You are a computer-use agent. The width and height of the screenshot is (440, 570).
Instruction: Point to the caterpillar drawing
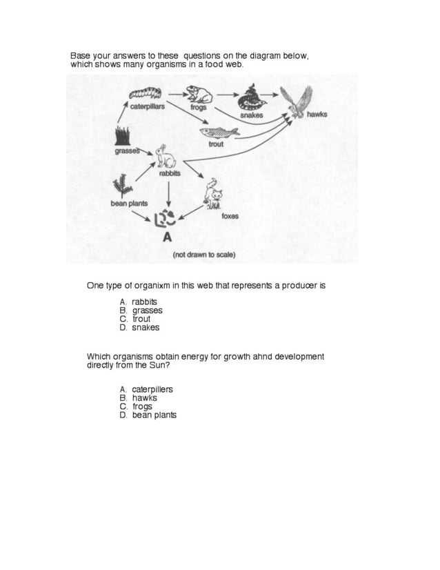144,92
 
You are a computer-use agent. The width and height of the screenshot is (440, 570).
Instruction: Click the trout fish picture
214,132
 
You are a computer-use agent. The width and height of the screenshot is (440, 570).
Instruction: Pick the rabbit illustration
166,157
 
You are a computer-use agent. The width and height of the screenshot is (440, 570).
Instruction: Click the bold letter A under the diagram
166,238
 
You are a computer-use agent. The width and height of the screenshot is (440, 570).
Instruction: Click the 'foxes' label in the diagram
230,216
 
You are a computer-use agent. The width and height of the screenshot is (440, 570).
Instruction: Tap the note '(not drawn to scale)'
203,255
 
